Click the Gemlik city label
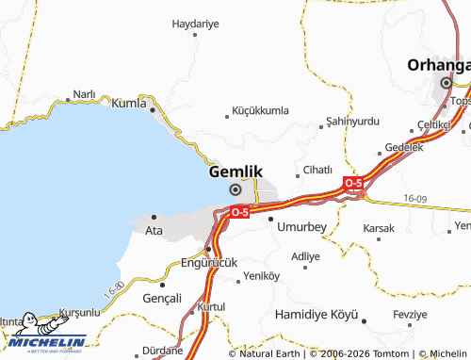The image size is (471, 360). pyautogui.click(x=235, y=172)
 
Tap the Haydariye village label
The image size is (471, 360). pyautogui.click(x=195, y=23)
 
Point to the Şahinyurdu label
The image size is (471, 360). pyautogui.click(x=351, y=123)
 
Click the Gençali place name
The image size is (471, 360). pyautogui.click(x=160, y=298)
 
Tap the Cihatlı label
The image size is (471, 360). pyautogui.click(x=317, y=171)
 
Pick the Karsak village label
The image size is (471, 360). pyautogui.click(x=379, y=228)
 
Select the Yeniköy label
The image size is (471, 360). pyautogui.click(x=262, y=276)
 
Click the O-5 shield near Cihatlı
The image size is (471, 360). pyautogui.click(x=353, y=182)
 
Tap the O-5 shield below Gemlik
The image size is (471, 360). pyautogui.click(x=239, y=213)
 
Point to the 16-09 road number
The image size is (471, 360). pyautogui.click(x=414, y=198)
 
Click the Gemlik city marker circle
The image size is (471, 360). pyautogui.click(x=235, y=189)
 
